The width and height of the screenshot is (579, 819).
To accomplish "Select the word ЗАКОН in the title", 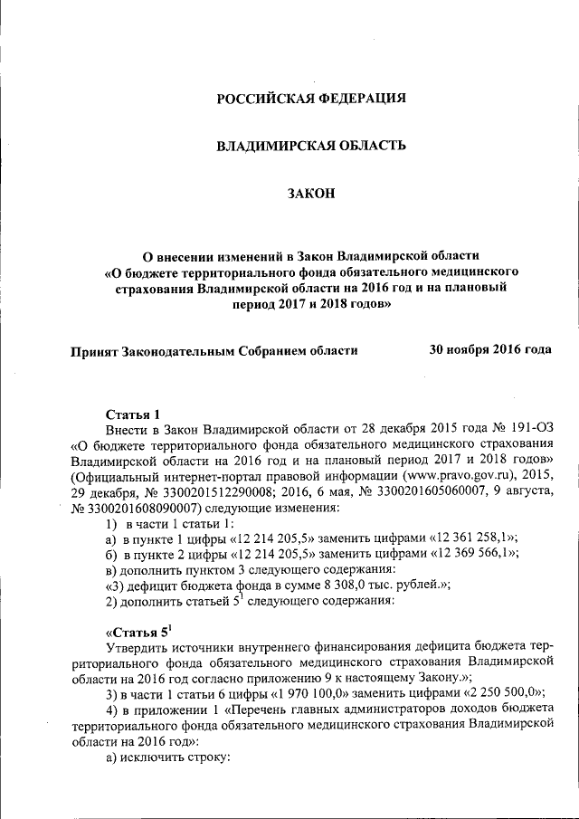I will point(310,192).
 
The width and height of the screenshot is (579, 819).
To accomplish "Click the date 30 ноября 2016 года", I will point(489,348).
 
